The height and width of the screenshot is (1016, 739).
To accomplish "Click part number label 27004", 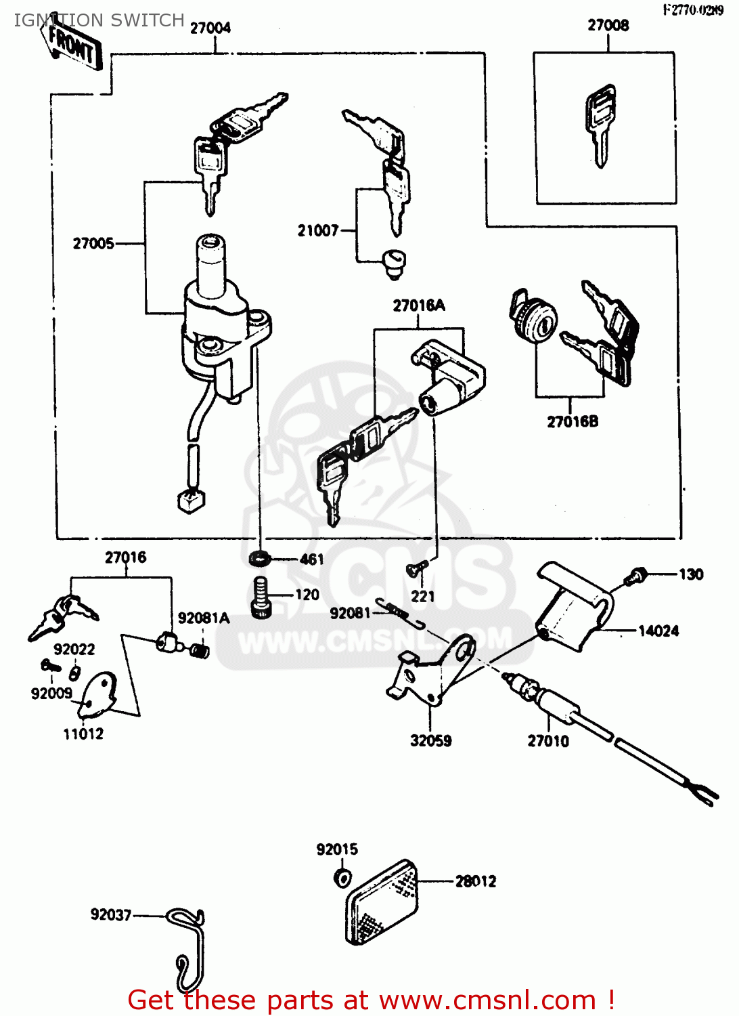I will pyautogui.click(x=210, y=28).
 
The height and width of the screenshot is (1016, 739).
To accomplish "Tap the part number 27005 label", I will pyautogui.click(x=93, y=244).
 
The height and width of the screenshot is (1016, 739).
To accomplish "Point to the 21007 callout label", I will pyautogui.click(x=318, y=231).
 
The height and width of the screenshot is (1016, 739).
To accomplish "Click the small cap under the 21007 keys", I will pyautogui.click(x=393, y=261).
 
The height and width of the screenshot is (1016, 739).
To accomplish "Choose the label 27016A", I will pyautogui.click(x=419, y=306).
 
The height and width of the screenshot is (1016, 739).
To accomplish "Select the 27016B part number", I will pyautogui.click(x=573, y=422).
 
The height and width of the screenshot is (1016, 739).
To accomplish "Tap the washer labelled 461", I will pyautogui.click(x=258, y=559).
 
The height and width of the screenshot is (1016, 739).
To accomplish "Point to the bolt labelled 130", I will pyautogui.click(x=635, y=576).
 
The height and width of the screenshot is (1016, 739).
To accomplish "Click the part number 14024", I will pyautogui.click(x=658, y=631).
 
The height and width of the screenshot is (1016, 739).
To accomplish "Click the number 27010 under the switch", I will pyautogui.click(x=548, y=741).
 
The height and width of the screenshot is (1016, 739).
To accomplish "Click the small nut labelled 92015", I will pyautogui.click(x=342, y=879).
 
